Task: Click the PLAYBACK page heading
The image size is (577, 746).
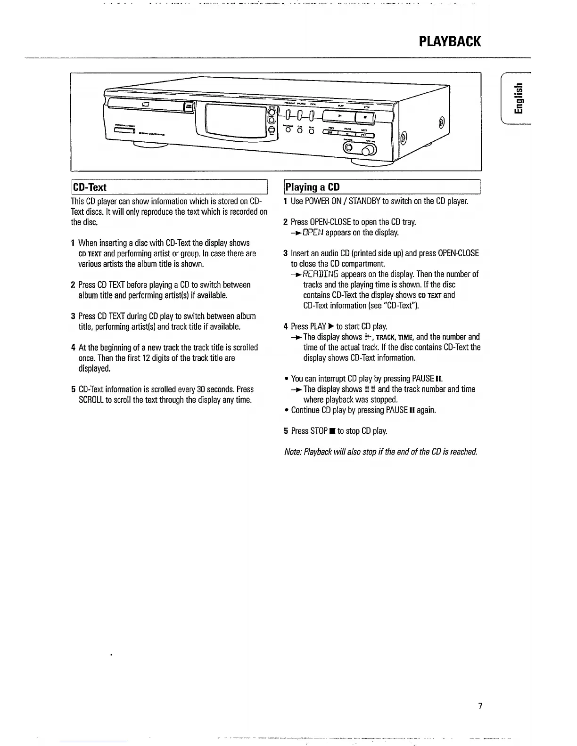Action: click(450, 41)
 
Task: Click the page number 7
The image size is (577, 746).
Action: click(480, 706)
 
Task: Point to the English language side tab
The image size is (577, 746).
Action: click(519, 98)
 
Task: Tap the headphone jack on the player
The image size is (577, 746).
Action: click(348, 148)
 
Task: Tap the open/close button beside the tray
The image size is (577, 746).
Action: click(189, 107)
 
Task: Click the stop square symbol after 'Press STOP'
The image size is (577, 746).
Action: click(332, 431)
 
